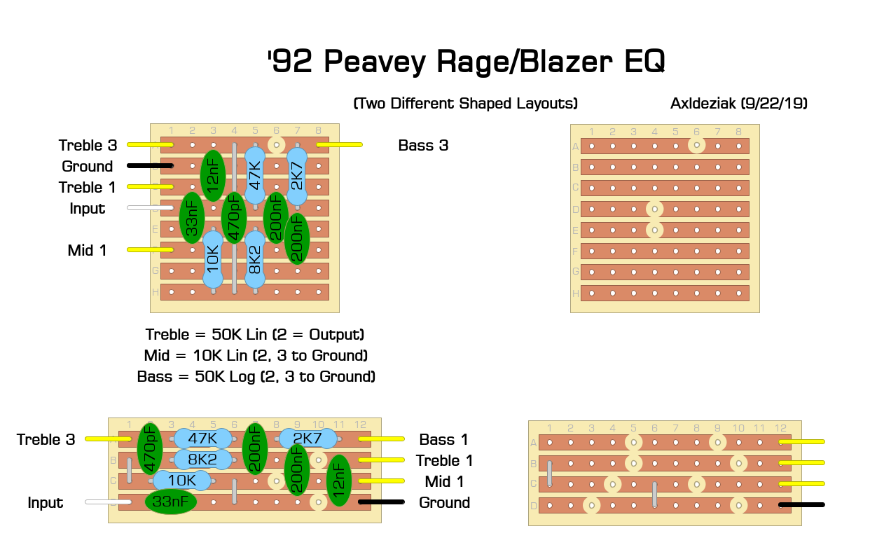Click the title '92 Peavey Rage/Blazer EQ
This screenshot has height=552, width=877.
pyautogui.click(x=466, y=63)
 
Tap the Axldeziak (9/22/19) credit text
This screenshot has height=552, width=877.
pyautogui.click(x=739, y=104)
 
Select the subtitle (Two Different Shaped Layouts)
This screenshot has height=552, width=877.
pyautogui.click(x=466, y=104)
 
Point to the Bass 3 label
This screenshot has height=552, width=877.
pyautogui.click(x=423, y=146)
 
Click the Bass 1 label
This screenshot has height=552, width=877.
pyautogui.click(x=444, y=440)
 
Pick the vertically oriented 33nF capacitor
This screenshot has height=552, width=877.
pyautogui.click(x=192, y=218)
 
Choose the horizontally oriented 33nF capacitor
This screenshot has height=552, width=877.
pyautogui.click(x=171, y=502)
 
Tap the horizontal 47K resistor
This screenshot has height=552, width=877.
pyautogui.click(x=202, y=439)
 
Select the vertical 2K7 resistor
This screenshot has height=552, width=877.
pyautogui.click(x=297, y=177)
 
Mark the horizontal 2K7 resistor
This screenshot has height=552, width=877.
pyautogui.click(x=308, y=439)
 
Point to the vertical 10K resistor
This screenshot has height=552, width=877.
pyautogui.click(x=213, y=259)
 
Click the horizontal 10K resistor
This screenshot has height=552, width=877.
pyautogui.click(x=181, y=481)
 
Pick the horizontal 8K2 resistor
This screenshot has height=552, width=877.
pyautogui.click(x=202, y=460)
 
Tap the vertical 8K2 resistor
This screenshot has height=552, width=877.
pyautogui.click(x=255, y=260)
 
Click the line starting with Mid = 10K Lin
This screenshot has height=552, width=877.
pyautogui.click(x=256, y=355)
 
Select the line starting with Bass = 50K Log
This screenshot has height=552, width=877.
pyautogui.click(x=256, y=376)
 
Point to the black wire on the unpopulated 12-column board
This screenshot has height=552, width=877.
pyautogui.click(x=801, y=504)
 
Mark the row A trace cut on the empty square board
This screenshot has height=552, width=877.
pyautogui.click(x=696, y=146)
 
